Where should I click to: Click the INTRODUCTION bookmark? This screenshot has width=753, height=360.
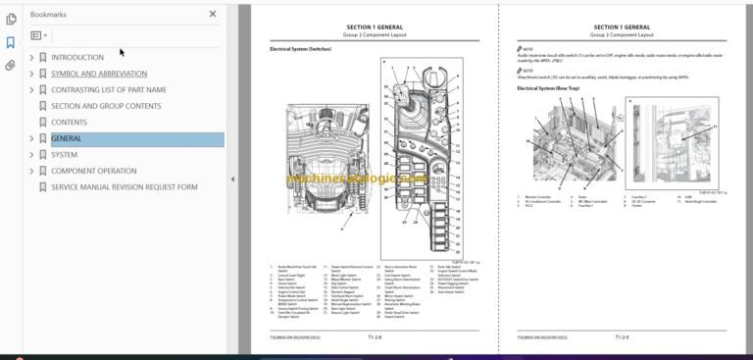click(77, 58)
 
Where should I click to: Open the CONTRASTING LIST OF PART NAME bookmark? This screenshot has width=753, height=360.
click(109, 90)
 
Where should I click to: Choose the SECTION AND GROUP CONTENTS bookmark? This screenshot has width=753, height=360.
click(106, 106)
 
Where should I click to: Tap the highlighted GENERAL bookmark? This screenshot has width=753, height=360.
click(67, 138)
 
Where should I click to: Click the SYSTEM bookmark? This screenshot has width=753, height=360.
click(65, 154)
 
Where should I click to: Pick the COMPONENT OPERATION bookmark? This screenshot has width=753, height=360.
click(94, 171)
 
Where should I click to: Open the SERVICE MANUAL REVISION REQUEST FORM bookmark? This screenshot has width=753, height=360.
click(125, 186)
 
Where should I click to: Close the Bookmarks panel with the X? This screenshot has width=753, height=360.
click(213, 15)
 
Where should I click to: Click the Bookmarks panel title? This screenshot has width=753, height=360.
click(49, 15)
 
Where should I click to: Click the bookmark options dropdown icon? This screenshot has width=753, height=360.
click(39, 35)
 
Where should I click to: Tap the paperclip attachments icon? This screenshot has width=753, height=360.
click(10, 66)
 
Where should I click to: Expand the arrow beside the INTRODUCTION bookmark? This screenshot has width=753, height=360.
click(31, 58)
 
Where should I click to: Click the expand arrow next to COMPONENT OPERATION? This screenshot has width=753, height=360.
click(31, 171)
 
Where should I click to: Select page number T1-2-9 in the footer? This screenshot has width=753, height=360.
click(622, 336)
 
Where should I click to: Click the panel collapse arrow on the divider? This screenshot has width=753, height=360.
click(232, 180)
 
